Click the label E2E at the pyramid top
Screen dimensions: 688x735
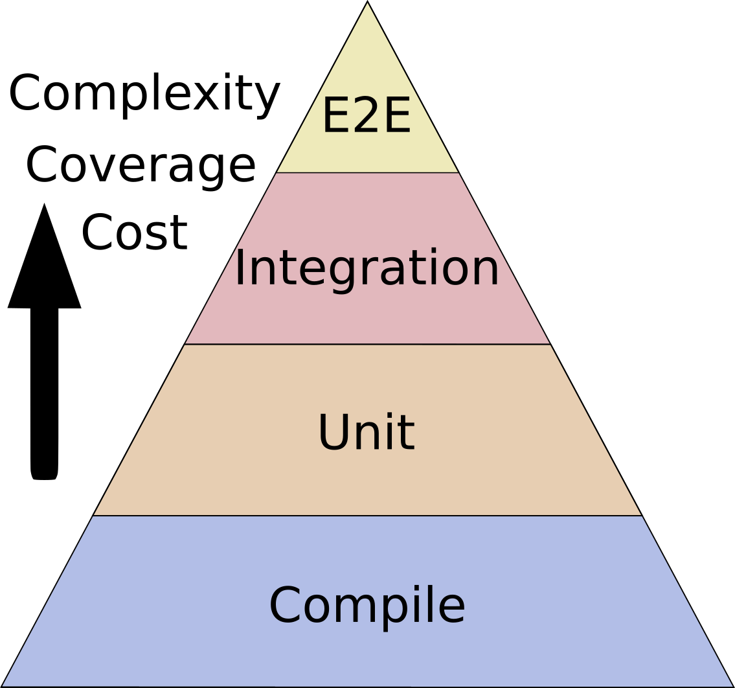click(367, 117)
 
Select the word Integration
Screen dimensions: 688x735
click(367, 268)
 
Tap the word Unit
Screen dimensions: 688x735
click(366, 433)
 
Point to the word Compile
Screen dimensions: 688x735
click(367, 606)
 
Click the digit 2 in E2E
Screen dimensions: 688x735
click(367, 117)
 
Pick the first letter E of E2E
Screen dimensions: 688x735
click(335, 117)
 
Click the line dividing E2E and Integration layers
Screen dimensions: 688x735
click(367, 173)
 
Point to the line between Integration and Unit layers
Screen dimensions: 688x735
click(367, 344)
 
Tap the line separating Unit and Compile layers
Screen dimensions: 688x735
click(367, 516)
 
